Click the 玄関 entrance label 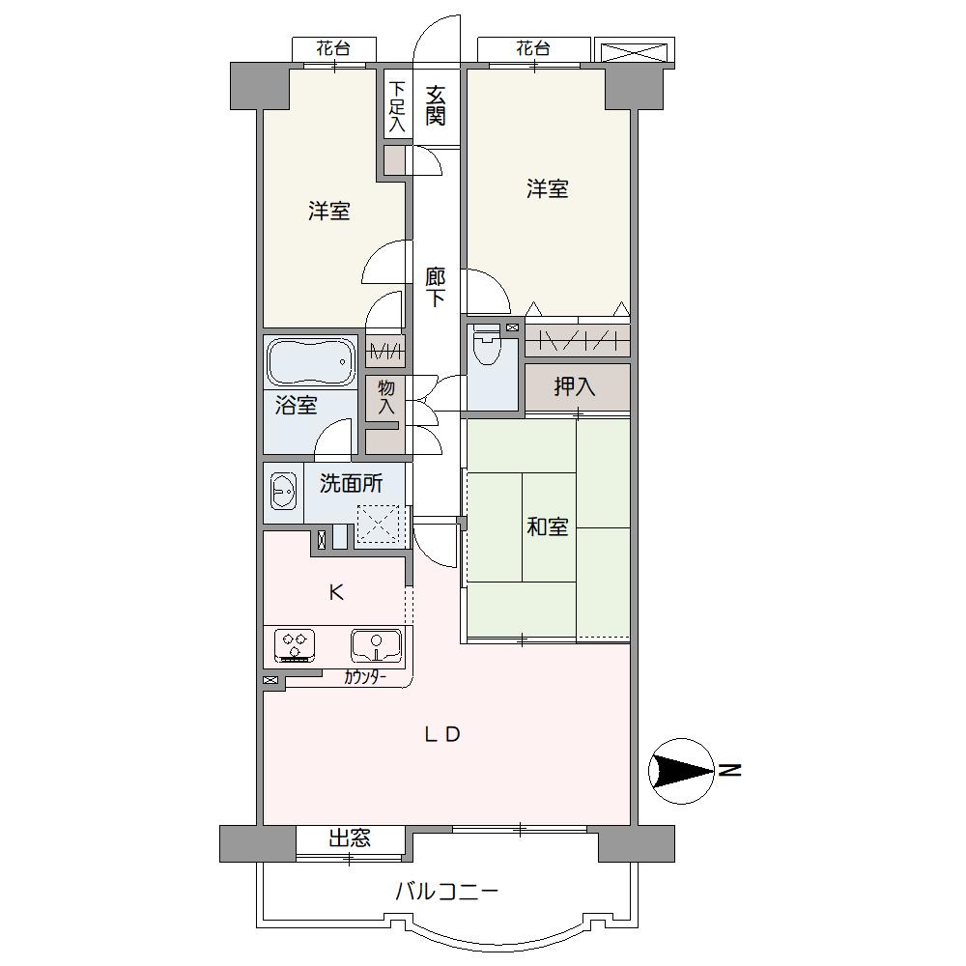pyautogui.click(x=436, y=106)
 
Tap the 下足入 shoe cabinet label pyautogui.click(x=398, y=106)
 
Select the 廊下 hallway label pyautogui.click(x=436, y=287)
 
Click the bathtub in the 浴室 pyautogui.click(x=311, y=362)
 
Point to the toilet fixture pyautogui.click(x=489, y=345)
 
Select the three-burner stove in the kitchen pyautogui.click(x=295, y=645)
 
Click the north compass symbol pyautogui.click(x=681, y=771)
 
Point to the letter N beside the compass pyautogui.click(x=730, y=770)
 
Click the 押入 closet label pyautogui.click(x=574, y=387)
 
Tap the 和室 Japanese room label pyautogui.click(x=547, y=526)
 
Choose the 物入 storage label pyautogui.click(x=386, y=397)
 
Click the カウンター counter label pyautogui.click(x=365, y=678)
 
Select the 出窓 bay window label pyautogui.click(x=350, y=838)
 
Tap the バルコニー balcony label pyautogui.click(x=446, y=892)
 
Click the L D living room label pyautogui.click(x=442, y=734)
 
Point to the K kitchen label pyautogui.click(x=336, y=593)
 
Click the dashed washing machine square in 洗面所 pyautogui.click(x=383, y=525)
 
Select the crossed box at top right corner pyautogui.click(x=635, y=50)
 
